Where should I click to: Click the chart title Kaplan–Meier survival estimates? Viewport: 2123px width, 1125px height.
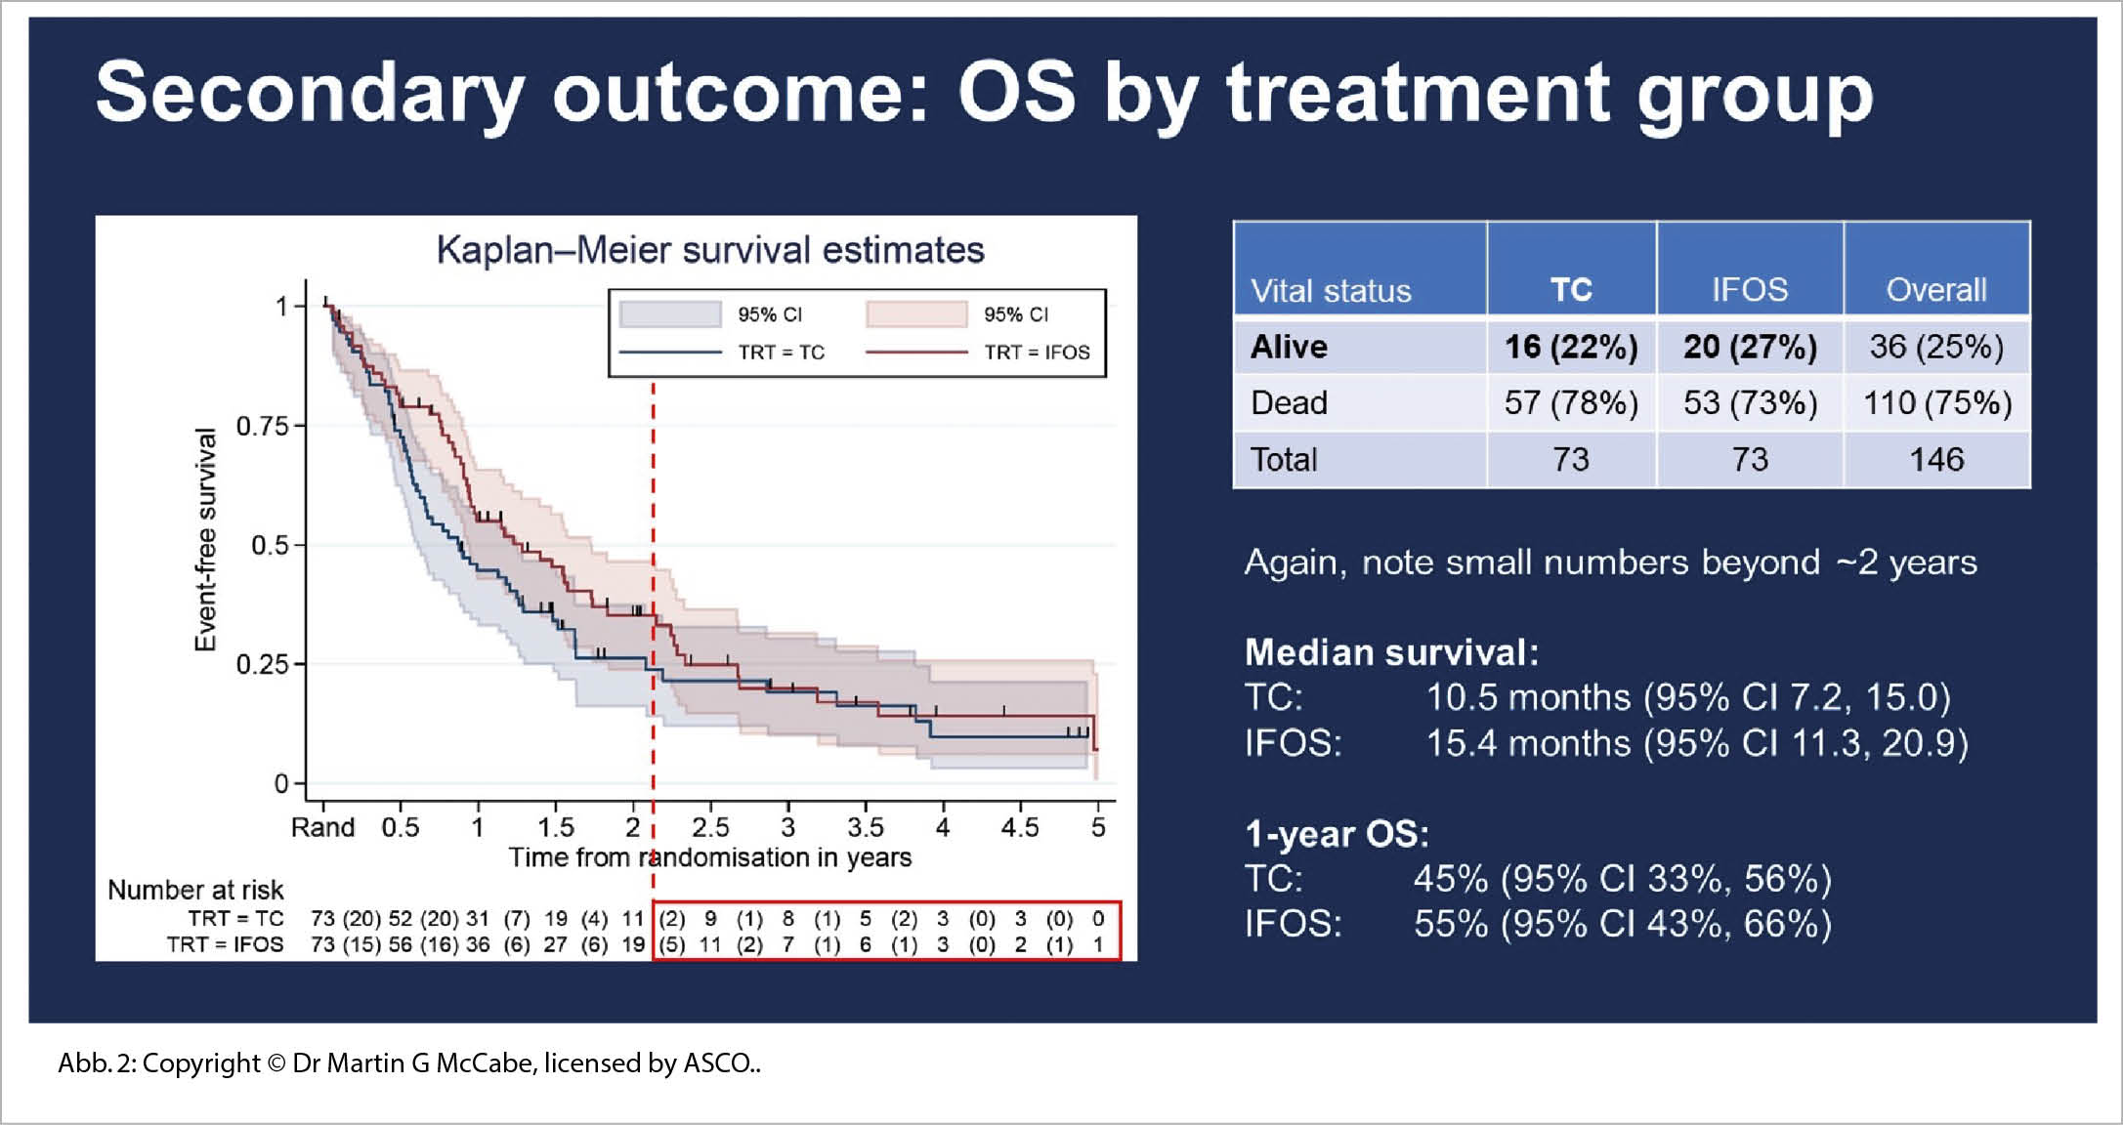pyautogui.click(x=710, y=250)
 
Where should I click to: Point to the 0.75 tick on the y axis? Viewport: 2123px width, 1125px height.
pyautogui.click(x=263, y=427)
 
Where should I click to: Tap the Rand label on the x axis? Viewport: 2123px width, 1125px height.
pyautogui.click(x=322, y=828)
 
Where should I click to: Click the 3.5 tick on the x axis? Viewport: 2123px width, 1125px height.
pyautogui.click(x=866, y=828)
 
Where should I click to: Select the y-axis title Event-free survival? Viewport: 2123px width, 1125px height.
pyautogui.click(x=205, y=539)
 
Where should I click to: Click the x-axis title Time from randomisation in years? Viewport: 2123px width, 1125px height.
pyautogui.click(x=710, y=857)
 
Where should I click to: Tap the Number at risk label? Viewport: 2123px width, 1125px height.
pyautogui.click(x=195, y=890)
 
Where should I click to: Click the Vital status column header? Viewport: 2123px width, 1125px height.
pyautogui.click(x=1331, y=290)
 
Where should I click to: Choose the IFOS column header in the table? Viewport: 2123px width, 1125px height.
pyautogui.click(x=1749, y=289)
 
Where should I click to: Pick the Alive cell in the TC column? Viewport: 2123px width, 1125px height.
pyautogui.click(x=1570, y=347)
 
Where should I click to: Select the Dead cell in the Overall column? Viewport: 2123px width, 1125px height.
pyautogui.click(x=1936, y=402)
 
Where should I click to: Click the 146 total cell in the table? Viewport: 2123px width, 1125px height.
pyautogui.click(x=1936, y=459)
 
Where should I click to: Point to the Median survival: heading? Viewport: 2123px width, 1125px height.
pyautogui.click(x=1391, y=651)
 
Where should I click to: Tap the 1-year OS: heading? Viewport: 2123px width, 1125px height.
pyautogui.click(x=1337, y=834)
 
